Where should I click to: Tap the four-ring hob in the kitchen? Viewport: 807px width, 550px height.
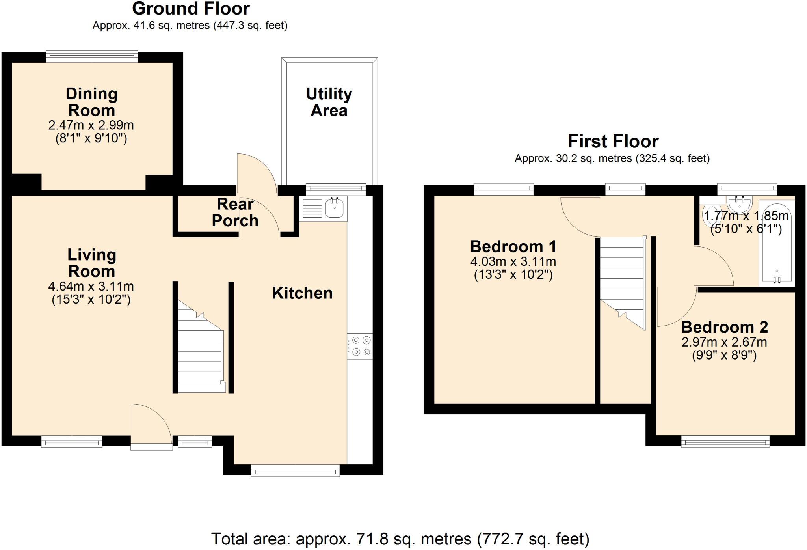[360, 346]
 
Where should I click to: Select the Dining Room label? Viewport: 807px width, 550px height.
[91, 102]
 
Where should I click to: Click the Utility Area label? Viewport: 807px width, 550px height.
[329, 102]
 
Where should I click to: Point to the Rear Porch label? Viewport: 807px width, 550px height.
[235, 212]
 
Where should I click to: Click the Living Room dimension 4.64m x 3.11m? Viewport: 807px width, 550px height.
[91, 286]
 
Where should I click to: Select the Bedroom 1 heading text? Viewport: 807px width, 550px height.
[513, 246]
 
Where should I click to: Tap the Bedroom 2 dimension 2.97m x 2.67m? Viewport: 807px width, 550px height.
[724, 342]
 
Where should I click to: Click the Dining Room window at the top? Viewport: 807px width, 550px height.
[92, 57]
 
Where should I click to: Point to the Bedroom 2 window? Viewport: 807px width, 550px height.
[725, 442]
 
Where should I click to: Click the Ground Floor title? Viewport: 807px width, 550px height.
[191, 9]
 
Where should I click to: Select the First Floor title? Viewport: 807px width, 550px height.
[613, 141]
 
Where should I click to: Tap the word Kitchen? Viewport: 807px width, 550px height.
[302, 293]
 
